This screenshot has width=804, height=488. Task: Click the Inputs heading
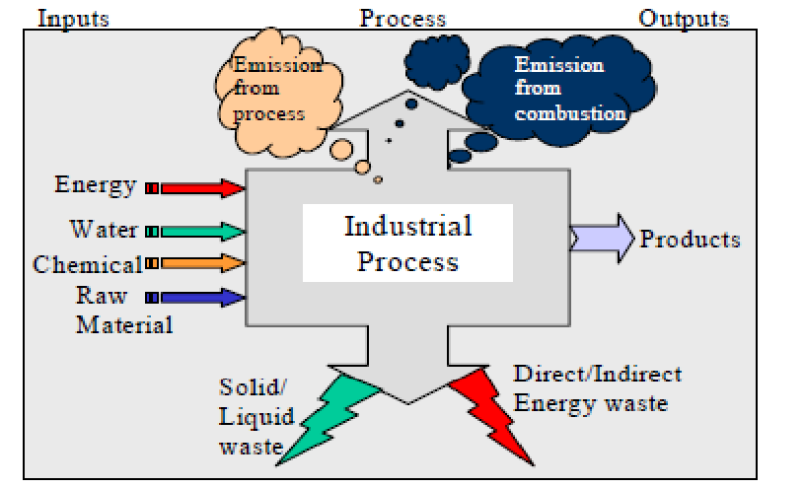[x=72, y=18]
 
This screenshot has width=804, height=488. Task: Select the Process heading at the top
[x=402, y=18]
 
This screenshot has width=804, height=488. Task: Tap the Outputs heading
[x=684, y=18]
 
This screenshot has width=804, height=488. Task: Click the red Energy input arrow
[x=201, y=187]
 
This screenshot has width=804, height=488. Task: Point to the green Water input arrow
[x=201, y=233]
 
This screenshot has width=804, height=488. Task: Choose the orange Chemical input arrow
[x=201, y=263]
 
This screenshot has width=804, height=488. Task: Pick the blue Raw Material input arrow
[x=201, y=296]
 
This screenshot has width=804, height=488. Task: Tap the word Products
[x=690, y=240]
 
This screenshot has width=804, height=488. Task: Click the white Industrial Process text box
[x=407, y=243]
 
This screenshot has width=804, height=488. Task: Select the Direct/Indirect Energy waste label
[x=597, y=388]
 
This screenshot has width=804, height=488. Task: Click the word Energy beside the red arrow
[x=96, y=185]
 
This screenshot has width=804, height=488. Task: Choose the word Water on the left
[x=104, y=230]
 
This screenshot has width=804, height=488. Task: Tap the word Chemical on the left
[x=87, y=264]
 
